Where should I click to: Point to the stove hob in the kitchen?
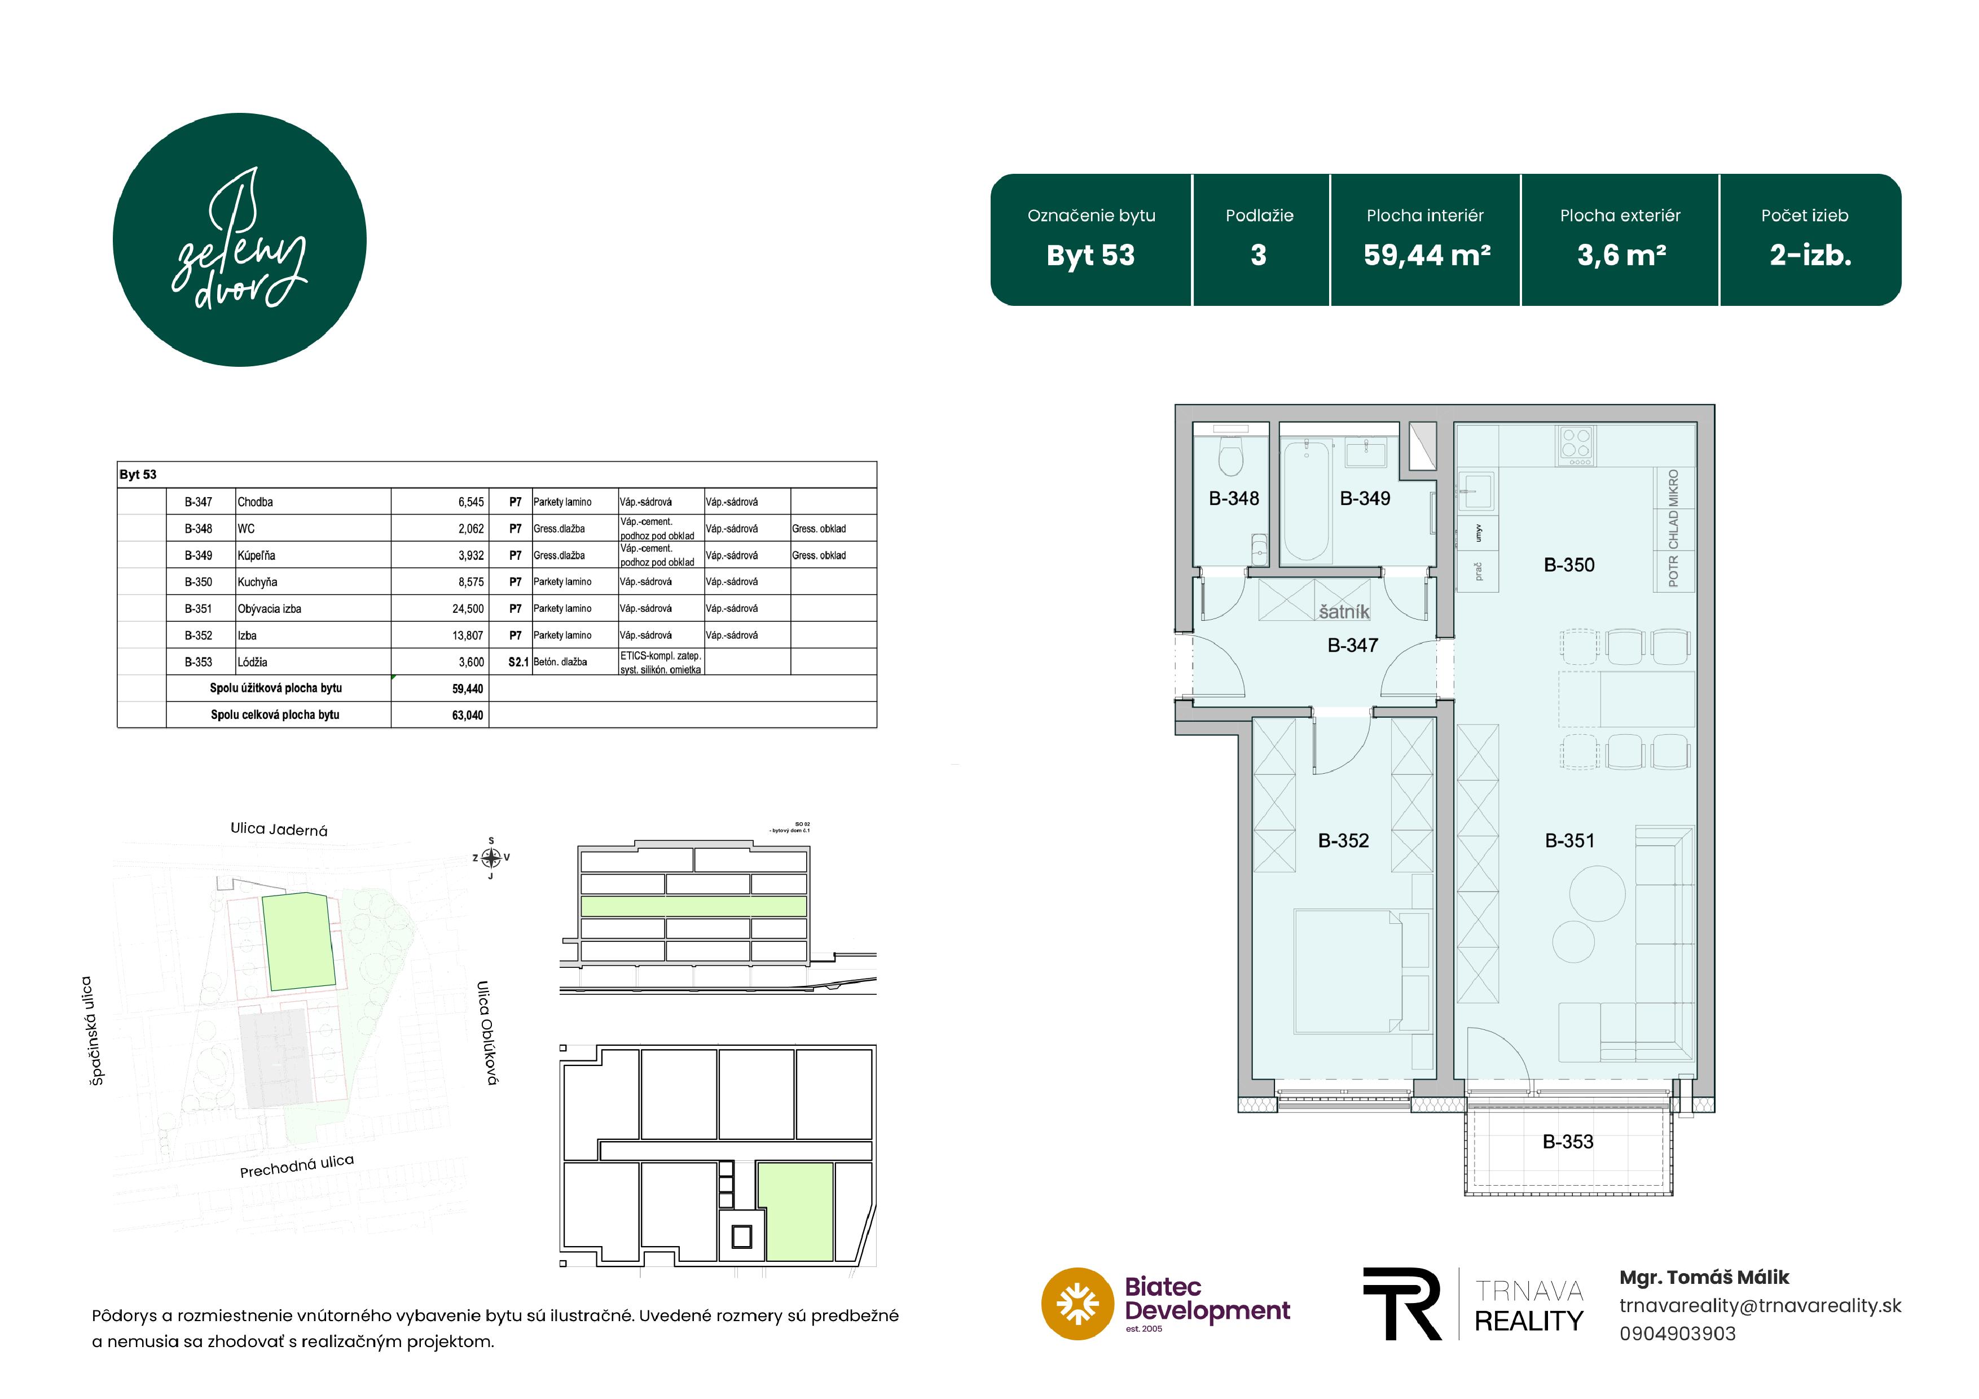[x=1576, y=445]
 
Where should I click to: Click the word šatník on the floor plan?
[x=1344, y=612]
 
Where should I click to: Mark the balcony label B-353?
[x=1568, y=1141]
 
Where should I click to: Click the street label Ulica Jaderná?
[x=279, y=829]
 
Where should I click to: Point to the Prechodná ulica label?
[x=297, y=1165]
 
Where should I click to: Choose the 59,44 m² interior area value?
[x=1427, y=255]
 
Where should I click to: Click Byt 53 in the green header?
[x=1090, y=255]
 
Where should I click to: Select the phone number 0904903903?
[x=1677, y=1334]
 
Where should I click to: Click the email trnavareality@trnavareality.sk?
[x=1760, y=1305]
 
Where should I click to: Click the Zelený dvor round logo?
[x=240, y=240]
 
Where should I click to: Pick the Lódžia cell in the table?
[x=253, y=662]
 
